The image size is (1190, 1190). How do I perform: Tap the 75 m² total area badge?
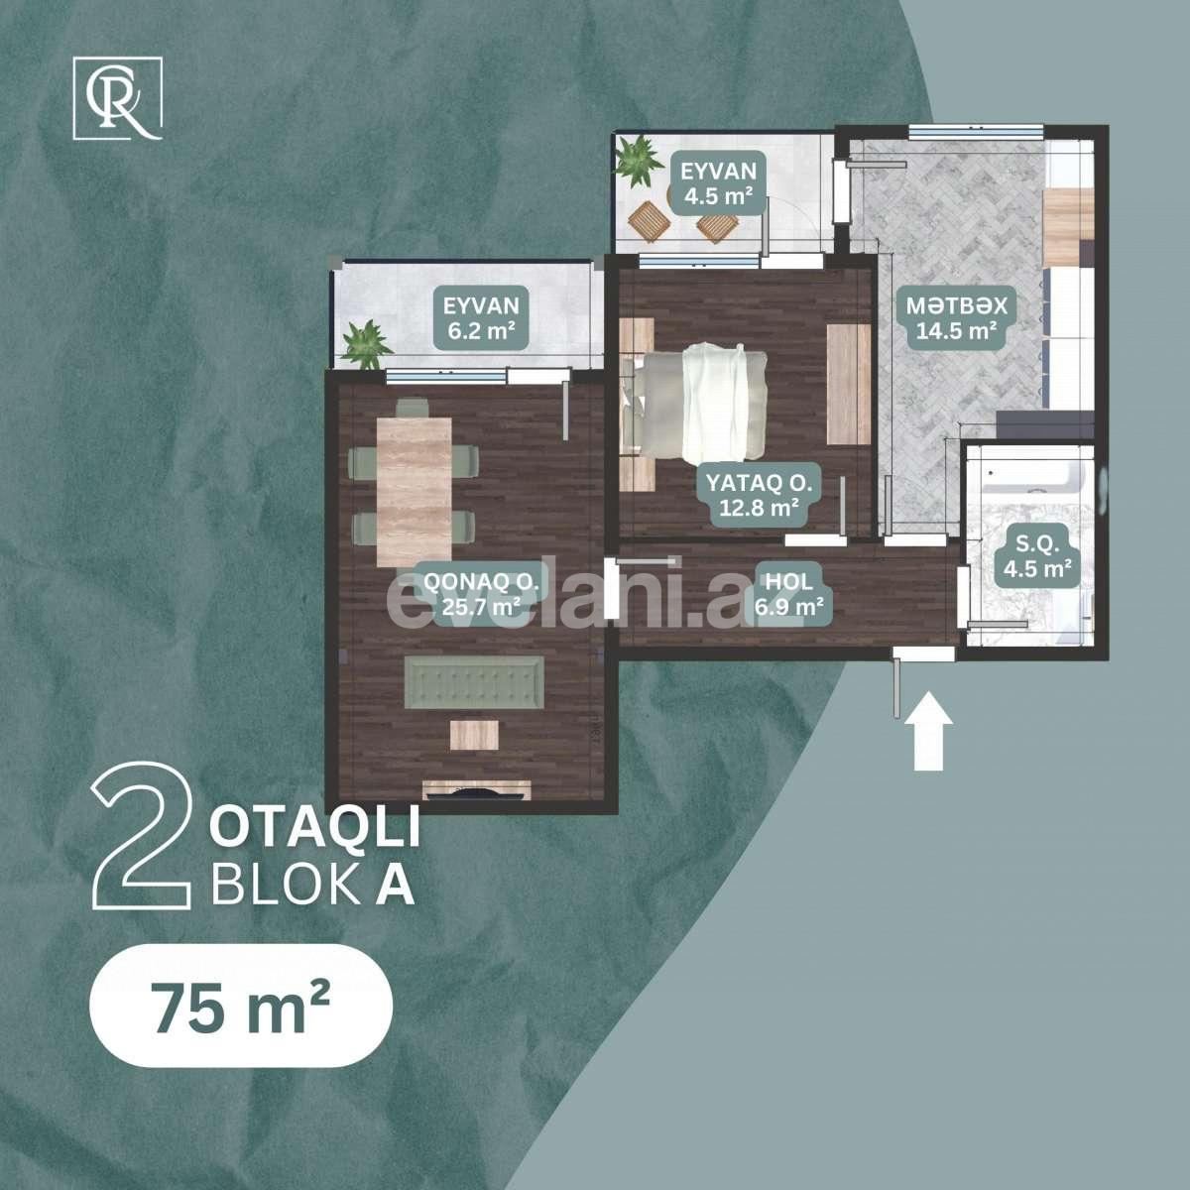point(241,1006)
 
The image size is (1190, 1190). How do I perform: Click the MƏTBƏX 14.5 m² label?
point(956,317)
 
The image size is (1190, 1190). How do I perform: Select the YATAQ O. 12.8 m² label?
point(760,496)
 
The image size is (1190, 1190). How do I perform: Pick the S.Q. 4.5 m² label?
point(1036,556)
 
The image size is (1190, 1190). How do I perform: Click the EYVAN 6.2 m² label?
point(483,317)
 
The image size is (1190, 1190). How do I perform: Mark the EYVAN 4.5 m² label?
point(719,182)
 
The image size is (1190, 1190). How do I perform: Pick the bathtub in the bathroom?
point(1033,474)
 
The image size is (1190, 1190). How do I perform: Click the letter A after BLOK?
point(396,887)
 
